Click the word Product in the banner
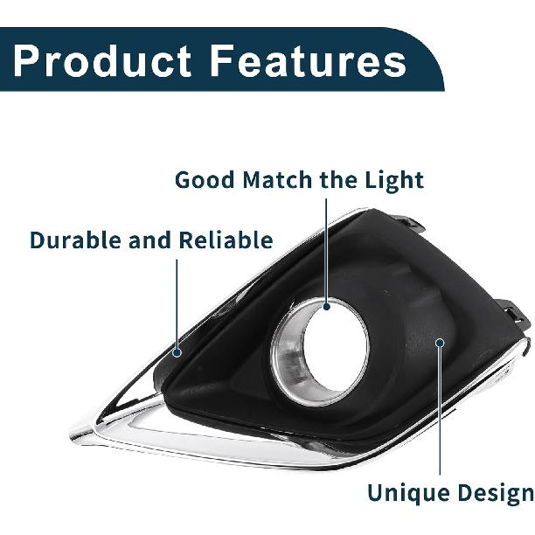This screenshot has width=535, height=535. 102,60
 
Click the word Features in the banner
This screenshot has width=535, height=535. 308,60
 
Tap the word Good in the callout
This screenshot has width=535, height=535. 205,180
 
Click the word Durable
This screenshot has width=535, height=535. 76,240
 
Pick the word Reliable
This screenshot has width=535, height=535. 226,240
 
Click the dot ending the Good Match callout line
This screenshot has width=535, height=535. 327,306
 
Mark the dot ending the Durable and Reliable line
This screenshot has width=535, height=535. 177,352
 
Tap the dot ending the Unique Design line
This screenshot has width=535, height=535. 440,342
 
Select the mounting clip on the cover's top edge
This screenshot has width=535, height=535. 411,223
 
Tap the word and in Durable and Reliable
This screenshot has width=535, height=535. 150,240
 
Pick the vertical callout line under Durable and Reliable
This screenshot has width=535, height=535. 177,303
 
